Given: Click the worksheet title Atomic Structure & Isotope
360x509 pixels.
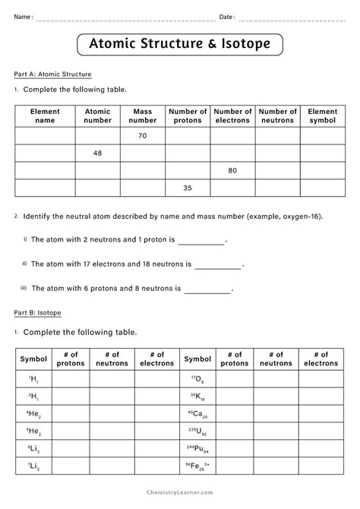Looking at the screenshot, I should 180,45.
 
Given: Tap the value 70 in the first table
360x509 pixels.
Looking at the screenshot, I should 143,136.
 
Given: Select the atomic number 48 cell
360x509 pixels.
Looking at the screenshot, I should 97,153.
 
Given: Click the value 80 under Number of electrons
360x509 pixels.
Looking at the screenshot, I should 232,171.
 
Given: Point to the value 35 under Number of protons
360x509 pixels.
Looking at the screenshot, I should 188,188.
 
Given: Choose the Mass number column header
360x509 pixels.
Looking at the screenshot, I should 143,115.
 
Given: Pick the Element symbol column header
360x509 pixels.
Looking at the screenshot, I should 322,115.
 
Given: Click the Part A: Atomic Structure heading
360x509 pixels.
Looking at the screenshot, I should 53,74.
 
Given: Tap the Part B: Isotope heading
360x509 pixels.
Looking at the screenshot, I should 38,312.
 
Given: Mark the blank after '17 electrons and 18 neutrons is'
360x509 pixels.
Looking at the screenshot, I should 218,265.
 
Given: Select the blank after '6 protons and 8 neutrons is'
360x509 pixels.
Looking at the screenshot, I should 207,289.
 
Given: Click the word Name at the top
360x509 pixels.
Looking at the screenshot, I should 24,17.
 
